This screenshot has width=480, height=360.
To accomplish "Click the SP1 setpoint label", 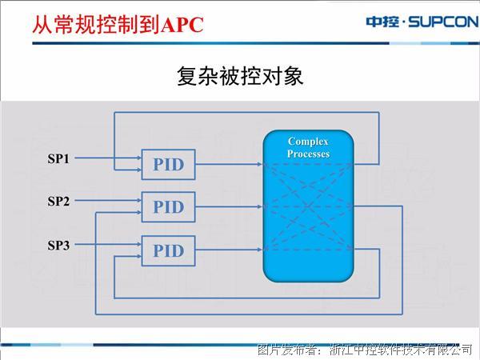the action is (x=58, y=158).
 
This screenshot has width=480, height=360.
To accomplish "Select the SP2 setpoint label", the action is (x=58, y=201).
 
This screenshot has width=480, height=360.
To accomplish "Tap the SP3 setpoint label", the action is (x=58, y=246).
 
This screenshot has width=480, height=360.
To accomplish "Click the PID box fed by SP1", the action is (x=168, y=164).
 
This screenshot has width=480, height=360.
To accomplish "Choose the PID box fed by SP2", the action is (x=168, y=207).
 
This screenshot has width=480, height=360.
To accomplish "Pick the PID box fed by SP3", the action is (x=168, y=250).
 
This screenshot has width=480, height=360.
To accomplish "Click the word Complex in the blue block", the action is (x=308, y=142).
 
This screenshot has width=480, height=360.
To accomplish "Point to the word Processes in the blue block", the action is (x=308, y=154).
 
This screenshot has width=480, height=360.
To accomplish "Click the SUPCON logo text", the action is (x=443, y=22).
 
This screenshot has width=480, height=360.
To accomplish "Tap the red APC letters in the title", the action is (x=182, y=25).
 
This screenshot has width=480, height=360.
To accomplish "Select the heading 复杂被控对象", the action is (x=240, y=76).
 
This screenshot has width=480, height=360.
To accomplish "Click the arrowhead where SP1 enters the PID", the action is (x=139, y=158).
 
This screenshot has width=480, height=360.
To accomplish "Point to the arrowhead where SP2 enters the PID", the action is (x=139, y=200).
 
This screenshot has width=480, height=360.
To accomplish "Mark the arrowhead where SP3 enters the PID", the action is (x=139, y=244).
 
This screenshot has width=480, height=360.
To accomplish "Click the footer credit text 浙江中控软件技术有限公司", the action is (x=401, y=350).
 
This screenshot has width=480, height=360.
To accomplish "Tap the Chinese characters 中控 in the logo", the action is (x=382, y=22).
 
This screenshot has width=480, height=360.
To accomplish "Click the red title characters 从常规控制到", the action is (x=97, y=25).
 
